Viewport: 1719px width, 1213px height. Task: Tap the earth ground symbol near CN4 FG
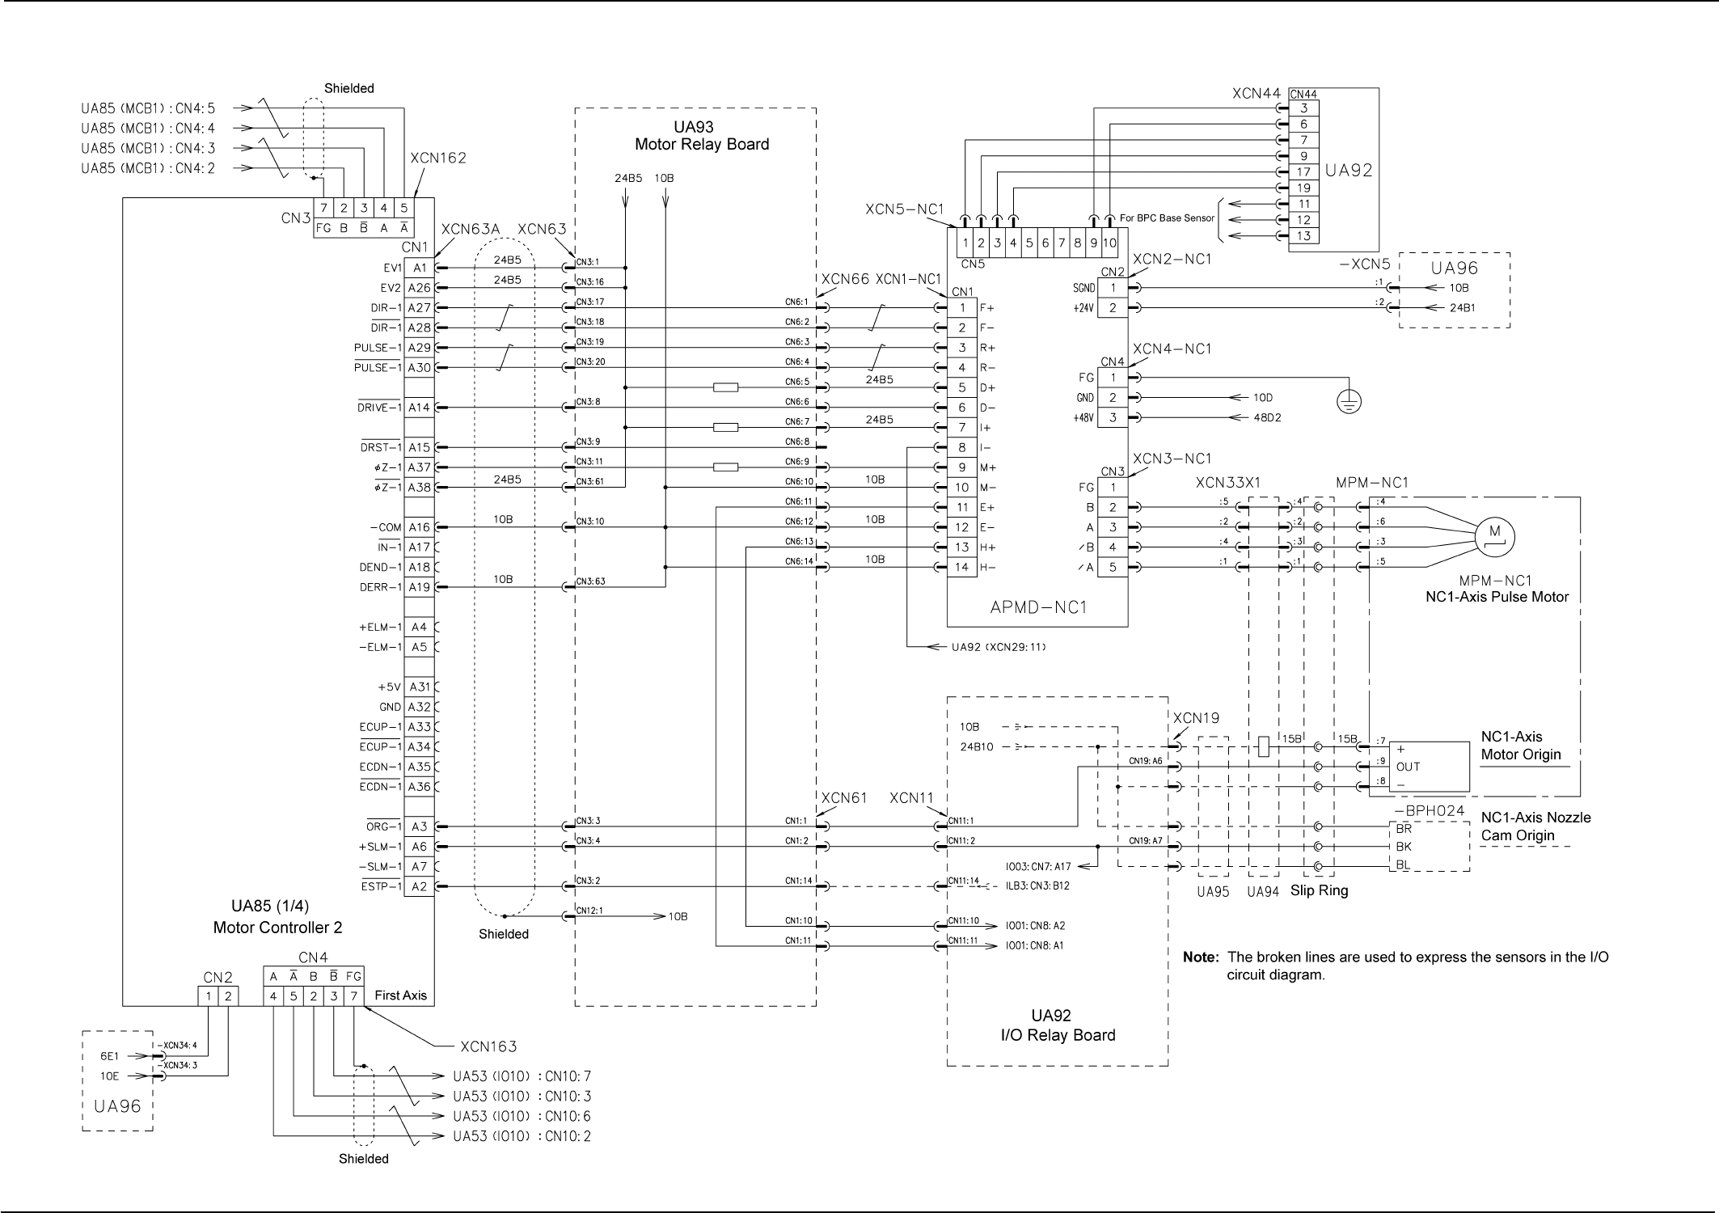click(x=1349, y=401)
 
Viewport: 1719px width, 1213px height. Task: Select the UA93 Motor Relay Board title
click(x=701, y=136)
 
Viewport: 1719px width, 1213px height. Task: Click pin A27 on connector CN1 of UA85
click(x=419, y=308)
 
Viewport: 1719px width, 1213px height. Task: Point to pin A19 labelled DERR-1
click(x=419, y=588)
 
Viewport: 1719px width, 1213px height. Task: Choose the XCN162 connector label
click(x=438, y=158)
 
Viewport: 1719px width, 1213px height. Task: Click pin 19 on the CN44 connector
click(x=1303, y=188)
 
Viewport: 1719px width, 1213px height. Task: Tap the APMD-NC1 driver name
click(x=1037, y=608)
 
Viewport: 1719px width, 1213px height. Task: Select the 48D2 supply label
click(x=1267, y=418)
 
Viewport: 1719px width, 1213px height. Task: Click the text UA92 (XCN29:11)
click(x=999, y=648)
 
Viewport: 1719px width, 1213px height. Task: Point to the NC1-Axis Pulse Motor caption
click(x=1497, y=598)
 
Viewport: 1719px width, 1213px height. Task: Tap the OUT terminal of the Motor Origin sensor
click(x=1408, y=767)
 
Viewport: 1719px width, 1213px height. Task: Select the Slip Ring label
click(x=1319, y=891)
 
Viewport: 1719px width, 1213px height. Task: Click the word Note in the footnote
click(x=1200, y=957)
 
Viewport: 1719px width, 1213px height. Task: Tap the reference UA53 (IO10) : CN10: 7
click(x=522, y=1076)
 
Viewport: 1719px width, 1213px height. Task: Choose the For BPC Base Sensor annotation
click(x=1167, y=218)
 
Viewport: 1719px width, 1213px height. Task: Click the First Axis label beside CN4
click(x=400, y=995)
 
